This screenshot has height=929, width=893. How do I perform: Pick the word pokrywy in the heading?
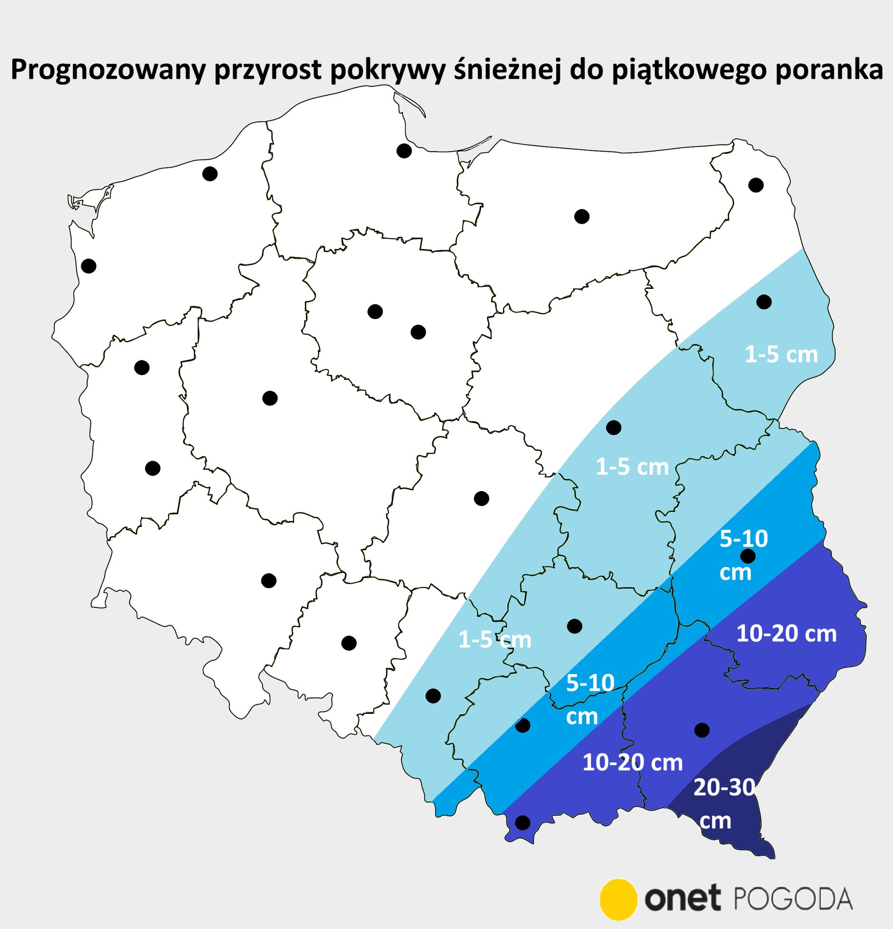click(x=388, y=70)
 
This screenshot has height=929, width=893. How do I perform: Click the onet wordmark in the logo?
click(x=682, y=899)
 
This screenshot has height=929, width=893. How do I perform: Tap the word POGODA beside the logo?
click(x=793, y=899)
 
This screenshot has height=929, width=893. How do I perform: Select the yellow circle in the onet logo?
click(x=618, y=899)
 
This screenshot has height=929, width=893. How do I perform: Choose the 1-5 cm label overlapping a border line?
click(x=494, y=640)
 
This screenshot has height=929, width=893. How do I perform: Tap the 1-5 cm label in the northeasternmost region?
click(x=781, y=354)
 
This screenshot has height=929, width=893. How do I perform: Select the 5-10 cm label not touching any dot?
click(x=590, y=699)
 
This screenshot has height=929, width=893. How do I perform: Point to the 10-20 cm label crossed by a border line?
click(x=632, y=763)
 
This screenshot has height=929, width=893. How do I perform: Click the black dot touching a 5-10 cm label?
click(x=748, y=556)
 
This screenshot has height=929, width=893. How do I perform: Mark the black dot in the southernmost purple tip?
click(x=522, y=823)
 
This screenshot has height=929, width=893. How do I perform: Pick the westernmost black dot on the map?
click(x=89, y=266)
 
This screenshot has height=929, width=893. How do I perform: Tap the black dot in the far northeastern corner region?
click(x=756, y=185)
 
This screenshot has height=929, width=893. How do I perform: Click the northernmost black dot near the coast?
click(x=404, y=151)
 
